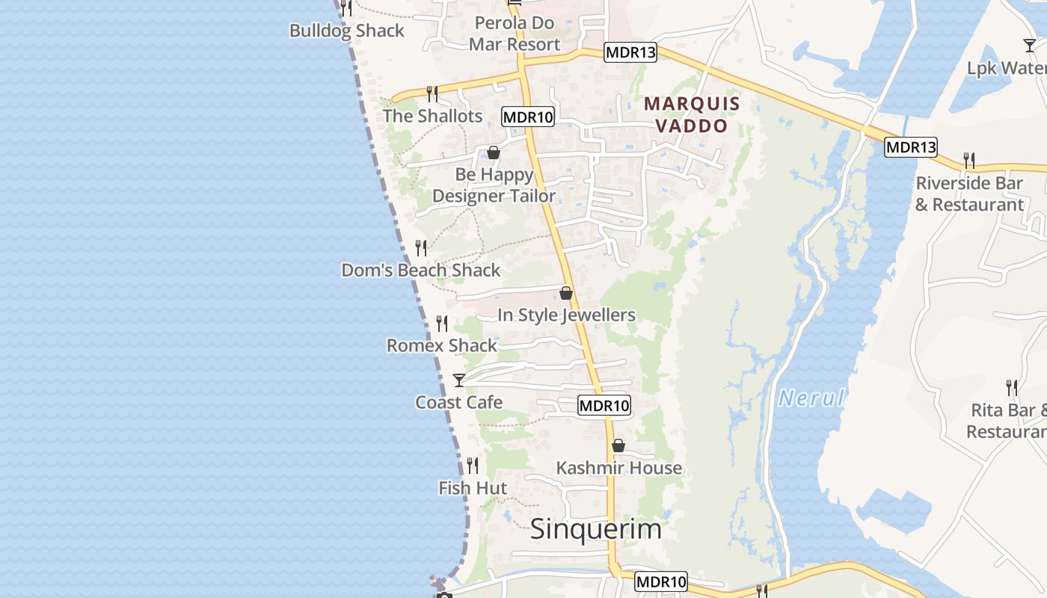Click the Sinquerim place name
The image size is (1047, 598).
coord(596,529)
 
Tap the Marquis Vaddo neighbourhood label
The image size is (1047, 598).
coord(692,114)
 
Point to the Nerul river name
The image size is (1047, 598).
coord(811,398)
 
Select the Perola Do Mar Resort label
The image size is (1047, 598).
coord(515,34)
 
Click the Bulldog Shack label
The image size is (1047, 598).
coord(347,31)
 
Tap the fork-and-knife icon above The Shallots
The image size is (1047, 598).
coord(432,94)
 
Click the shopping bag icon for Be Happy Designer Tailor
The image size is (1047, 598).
coord(494,152)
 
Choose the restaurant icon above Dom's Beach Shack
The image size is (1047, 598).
coord(421,248)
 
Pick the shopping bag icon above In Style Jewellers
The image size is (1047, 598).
coord(566,293)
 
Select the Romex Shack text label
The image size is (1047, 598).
coord(442,345)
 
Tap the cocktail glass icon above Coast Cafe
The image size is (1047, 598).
coord(459,380)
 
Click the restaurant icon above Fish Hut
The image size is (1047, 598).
coord(473,466)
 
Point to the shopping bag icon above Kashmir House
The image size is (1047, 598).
coord(618,446)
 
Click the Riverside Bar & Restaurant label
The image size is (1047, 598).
coord(970,194)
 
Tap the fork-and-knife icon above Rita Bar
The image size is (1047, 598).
coord(1012,388)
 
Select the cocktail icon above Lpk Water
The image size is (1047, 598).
coord(1030,46)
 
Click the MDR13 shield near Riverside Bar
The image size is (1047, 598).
coord(911,147)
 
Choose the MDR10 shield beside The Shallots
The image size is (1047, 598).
coord(528,117)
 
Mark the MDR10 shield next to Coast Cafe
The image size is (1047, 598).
coord(604,406)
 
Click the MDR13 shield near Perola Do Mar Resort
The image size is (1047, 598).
coord(630,52)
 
